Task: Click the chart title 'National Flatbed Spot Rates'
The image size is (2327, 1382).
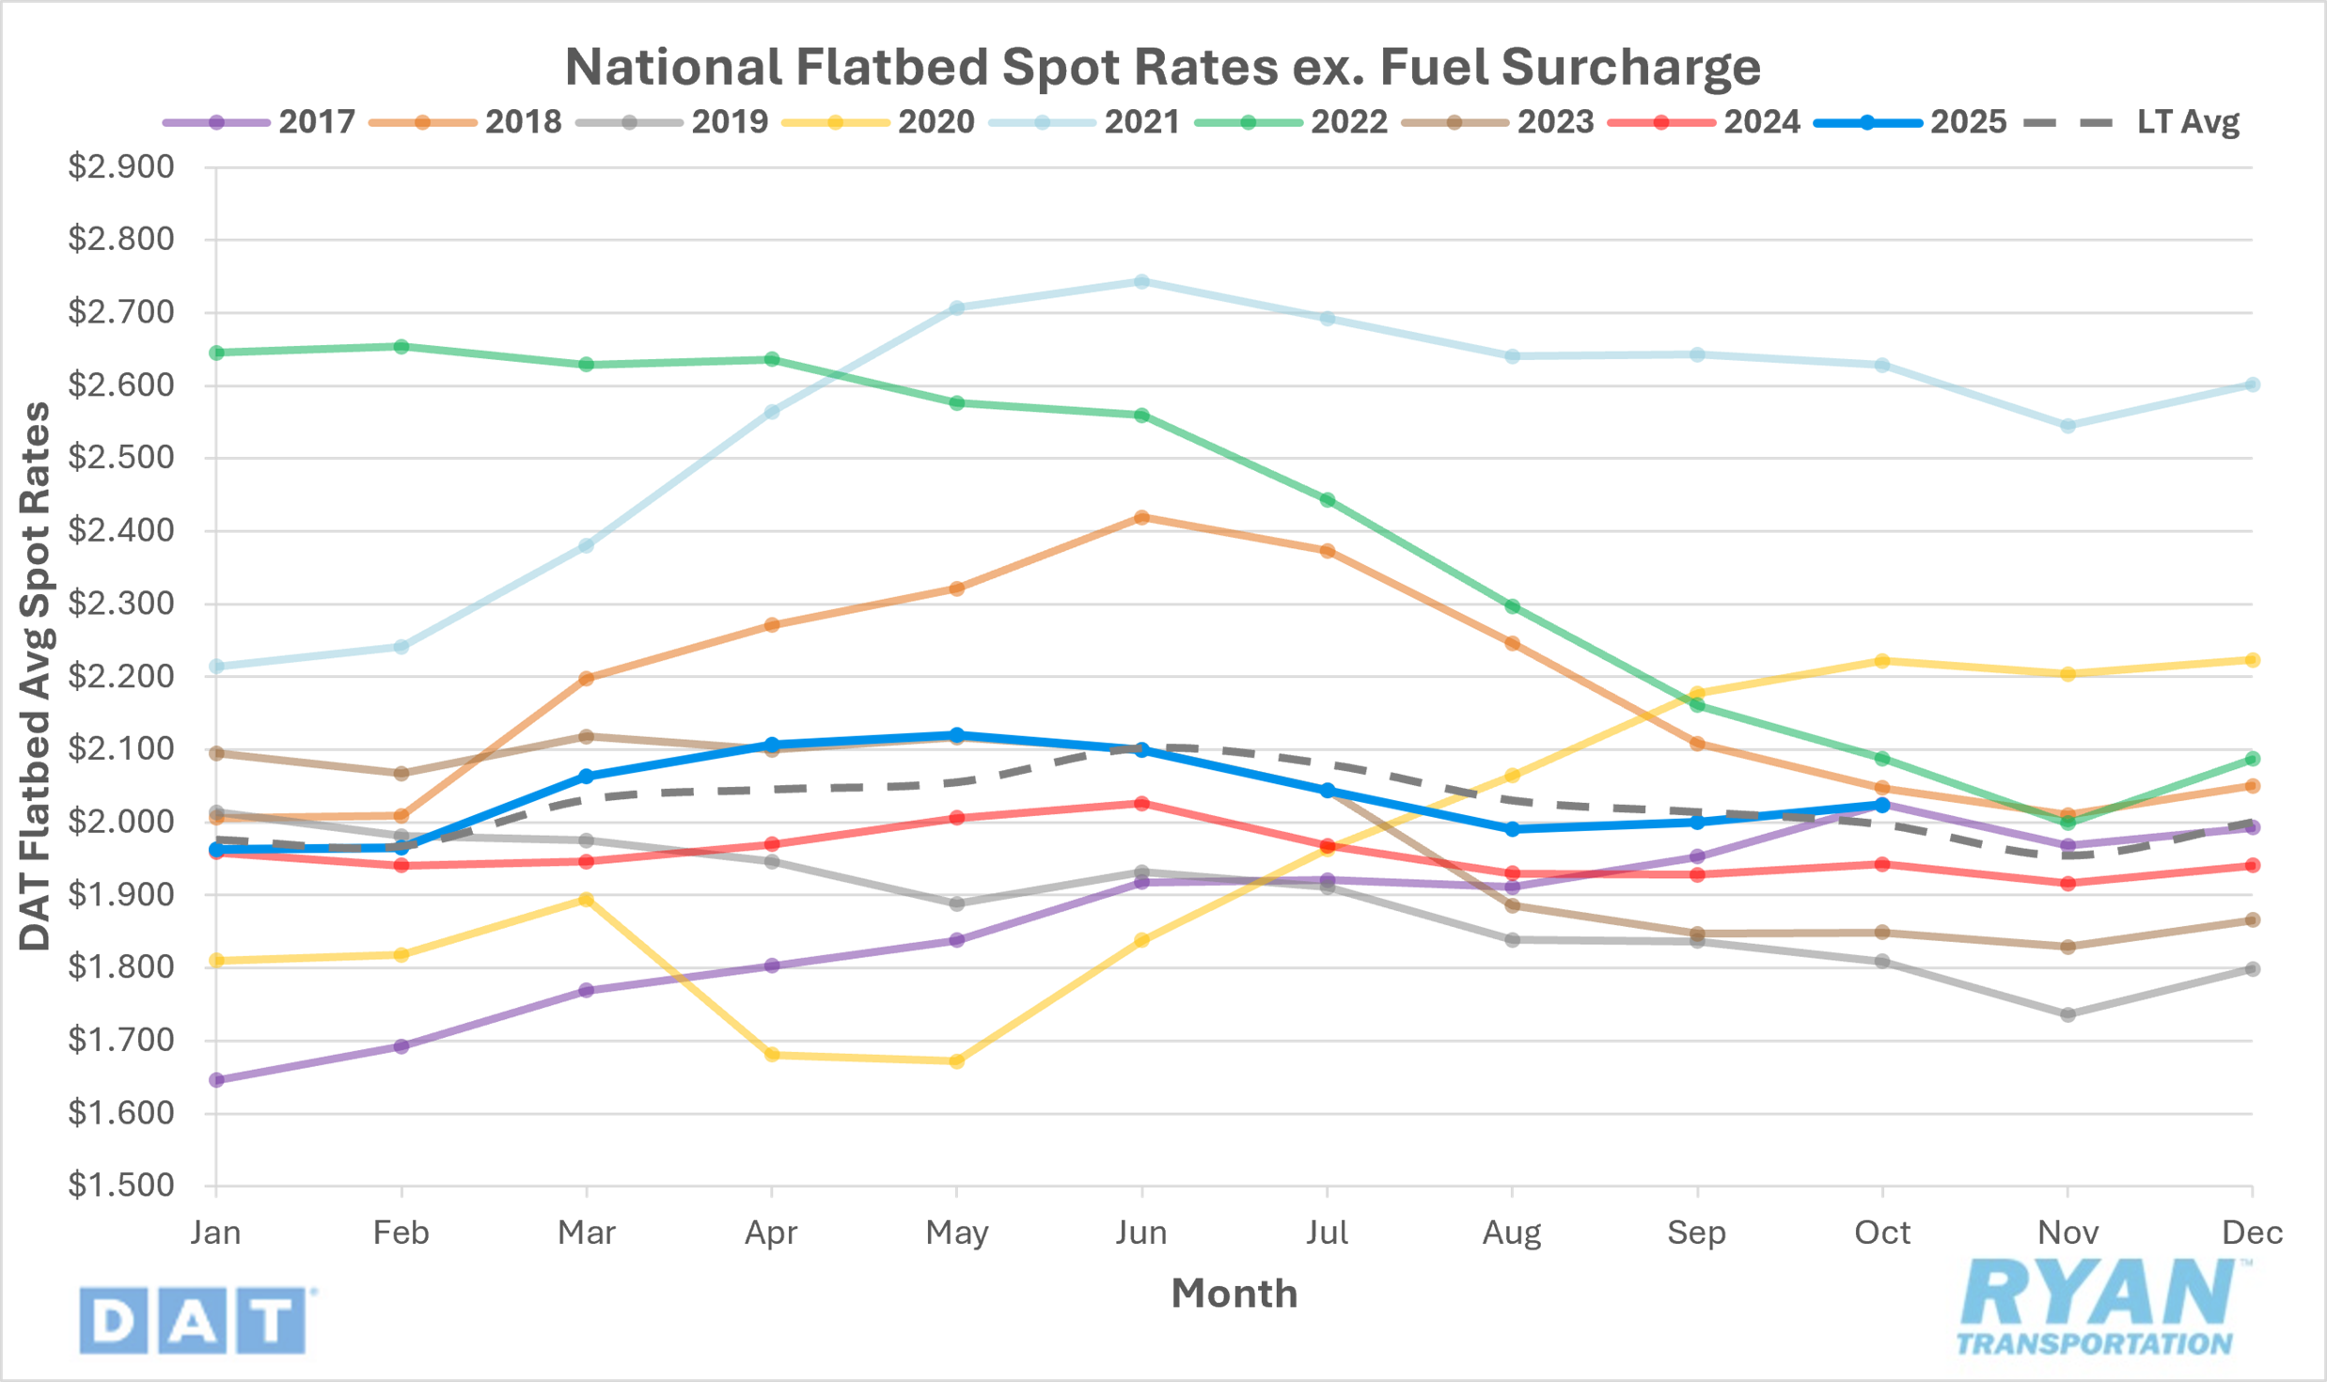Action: click(1162, 68)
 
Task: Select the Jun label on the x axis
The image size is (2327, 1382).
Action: click(1141, 1233)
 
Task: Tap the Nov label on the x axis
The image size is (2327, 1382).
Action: click(2068, 1233)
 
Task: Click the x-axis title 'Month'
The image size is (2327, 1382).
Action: click(1234, 1295)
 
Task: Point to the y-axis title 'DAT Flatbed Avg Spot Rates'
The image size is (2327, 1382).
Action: click(36, 676)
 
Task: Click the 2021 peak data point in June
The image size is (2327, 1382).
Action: click(1141, 281)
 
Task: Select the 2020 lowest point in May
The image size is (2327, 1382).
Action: click(956, 1061)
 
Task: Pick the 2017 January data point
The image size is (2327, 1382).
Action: click(216, 1080)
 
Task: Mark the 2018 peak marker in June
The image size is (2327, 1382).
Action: click(1141, 517)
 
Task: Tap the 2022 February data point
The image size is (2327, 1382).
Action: click(401, 347)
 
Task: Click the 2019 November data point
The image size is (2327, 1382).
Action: click(2068, 1014)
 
